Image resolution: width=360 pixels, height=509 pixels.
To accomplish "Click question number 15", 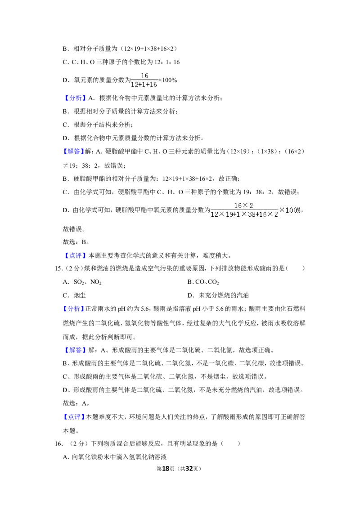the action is point(58,268).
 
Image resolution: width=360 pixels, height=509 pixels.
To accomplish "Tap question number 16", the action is point(58,443).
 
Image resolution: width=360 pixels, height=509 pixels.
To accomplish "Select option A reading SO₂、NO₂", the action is point(82,282).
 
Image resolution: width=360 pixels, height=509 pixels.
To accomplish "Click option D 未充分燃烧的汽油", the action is point(218,295).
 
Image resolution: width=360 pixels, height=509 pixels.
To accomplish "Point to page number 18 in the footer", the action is point(166,469).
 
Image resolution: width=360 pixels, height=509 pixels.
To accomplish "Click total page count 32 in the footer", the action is point(189,469).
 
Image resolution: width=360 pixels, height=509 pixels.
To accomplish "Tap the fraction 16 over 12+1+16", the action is point(144,80).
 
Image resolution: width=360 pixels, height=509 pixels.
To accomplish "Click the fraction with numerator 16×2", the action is point(244,210).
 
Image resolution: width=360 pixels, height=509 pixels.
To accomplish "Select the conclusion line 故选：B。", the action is point(76,242).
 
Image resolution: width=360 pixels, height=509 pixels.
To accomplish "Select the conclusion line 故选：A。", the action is point(76,403).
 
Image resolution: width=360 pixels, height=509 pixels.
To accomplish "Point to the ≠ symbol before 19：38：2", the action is point(66,165).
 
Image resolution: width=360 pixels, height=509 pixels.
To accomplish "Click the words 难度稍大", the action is point(215,255).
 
